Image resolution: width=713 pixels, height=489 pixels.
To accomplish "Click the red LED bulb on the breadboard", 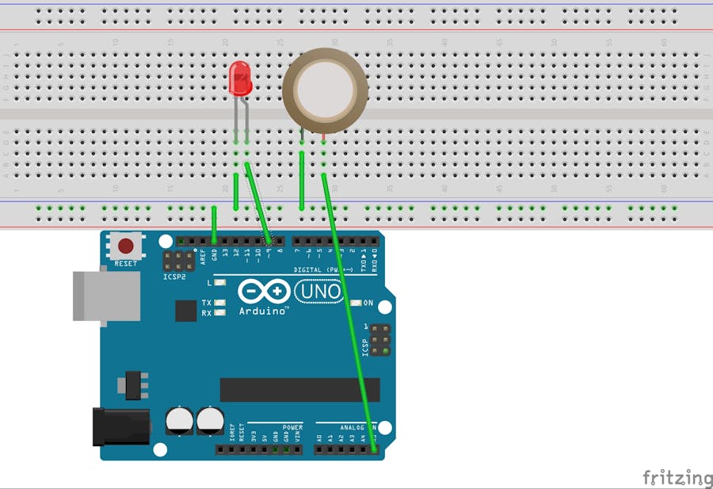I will click(x=239, y=79).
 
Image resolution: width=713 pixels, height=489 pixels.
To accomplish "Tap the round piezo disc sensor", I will click(x=325, y=88).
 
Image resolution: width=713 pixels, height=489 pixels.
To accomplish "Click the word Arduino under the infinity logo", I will click(x=264, y=311).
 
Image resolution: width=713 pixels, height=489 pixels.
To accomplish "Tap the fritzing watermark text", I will click(x=677, y=477).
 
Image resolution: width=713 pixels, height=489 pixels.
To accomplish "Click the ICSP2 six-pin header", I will click(x=179, y=262).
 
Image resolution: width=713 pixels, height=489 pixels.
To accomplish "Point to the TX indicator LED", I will click(x=219, y=303).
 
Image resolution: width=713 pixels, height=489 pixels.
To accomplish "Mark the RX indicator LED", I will click(x=219, y=312).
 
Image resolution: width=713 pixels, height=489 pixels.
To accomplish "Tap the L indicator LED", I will click(x=219, y=282).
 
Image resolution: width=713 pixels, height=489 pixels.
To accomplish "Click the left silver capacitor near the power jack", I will click(x=180, y=420).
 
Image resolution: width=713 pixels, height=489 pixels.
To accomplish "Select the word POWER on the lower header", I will click(x=292, y=427).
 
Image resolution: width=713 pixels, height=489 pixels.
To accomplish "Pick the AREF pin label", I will click(x=203, y=255).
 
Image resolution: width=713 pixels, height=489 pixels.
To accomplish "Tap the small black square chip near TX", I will click(x=185, y=310).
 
